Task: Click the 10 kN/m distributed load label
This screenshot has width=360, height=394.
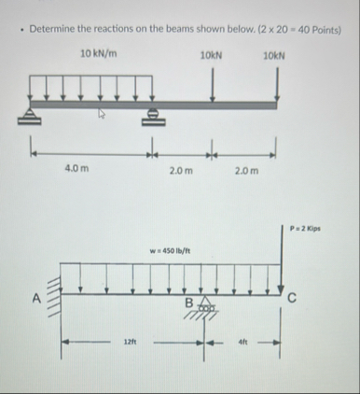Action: coord(99,54)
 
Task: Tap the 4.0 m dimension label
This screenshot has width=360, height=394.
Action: coord(76,169)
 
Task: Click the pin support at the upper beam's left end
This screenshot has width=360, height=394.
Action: coord(29,117)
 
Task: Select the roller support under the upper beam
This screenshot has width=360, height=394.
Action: coord(154,117)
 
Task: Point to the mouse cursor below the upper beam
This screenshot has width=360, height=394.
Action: coord(101,114)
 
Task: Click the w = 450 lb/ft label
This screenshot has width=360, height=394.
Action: coord(171,251)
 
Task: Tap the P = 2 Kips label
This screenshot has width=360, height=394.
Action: coord(305,229)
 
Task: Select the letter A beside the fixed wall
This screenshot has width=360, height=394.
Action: coord(37,299)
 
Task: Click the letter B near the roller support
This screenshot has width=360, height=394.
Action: coord(189,303)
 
